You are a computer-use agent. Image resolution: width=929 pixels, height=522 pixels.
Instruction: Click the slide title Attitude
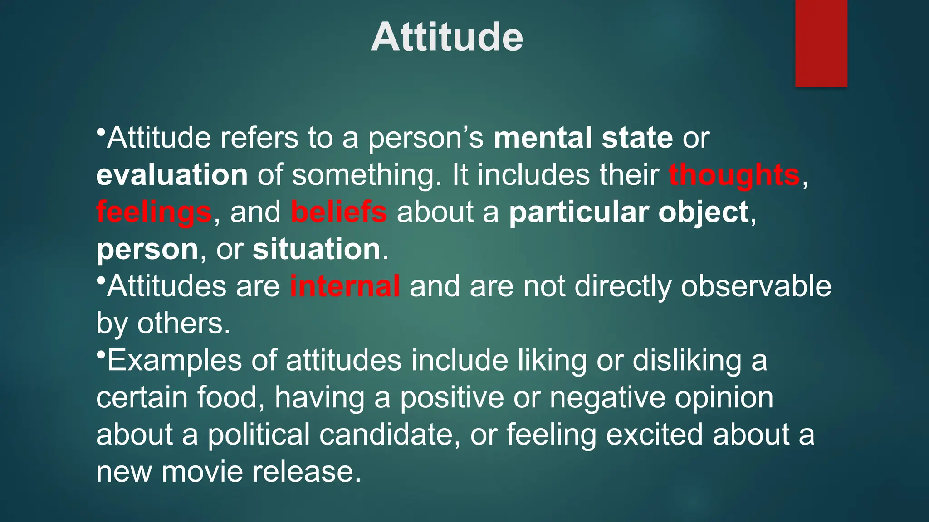447,37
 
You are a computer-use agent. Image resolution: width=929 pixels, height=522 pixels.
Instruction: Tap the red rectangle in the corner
821,43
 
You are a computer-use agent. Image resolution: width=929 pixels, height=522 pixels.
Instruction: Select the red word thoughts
734,175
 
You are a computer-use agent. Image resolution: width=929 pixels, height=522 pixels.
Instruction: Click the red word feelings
154,213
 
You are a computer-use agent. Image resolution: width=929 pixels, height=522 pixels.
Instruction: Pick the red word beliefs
339,212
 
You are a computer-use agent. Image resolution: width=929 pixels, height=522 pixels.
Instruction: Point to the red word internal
345,286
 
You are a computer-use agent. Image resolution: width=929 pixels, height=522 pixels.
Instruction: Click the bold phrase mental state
583,138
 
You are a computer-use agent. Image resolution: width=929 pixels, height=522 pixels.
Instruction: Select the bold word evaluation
172,175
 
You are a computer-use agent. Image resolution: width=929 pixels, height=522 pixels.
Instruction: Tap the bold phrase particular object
629,212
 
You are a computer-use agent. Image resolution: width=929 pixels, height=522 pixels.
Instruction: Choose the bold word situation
317,249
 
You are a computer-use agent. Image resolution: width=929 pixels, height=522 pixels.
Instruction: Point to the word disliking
687,361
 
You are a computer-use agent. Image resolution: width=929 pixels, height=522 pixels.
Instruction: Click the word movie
202,472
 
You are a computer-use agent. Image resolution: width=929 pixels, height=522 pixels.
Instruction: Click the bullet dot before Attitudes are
101,280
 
